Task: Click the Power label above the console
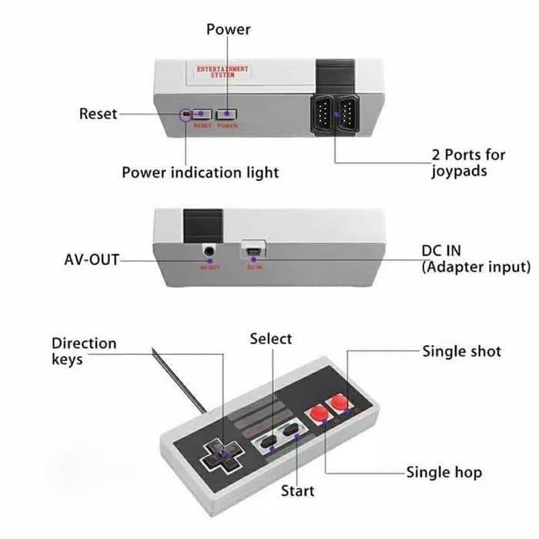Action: [229, 29]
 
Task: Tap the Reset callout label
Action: [99, 114]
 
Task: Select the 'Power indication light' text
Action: [200, 172]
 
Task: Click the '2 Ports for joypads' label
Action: [468, 162]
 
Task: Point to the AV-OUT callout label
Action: [92, 259]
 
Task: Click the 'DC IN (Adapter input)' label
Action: [476, 259]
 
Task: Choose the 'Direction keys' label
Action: [84, 351]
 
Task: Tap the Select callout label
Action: [271, 339]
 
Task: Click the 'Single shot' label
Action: [461, 352]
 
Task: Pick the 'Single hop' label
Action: [444, 472]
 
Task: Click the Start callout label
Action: [297, 490]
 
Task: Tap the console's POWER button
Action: [226, 113]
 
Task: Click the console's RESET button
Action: [203, 113]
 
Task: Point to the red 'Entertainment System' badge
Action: [223, 72]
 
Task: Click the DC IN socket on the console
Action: [254, 249]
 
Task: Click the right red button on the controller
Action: [337, 403]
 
